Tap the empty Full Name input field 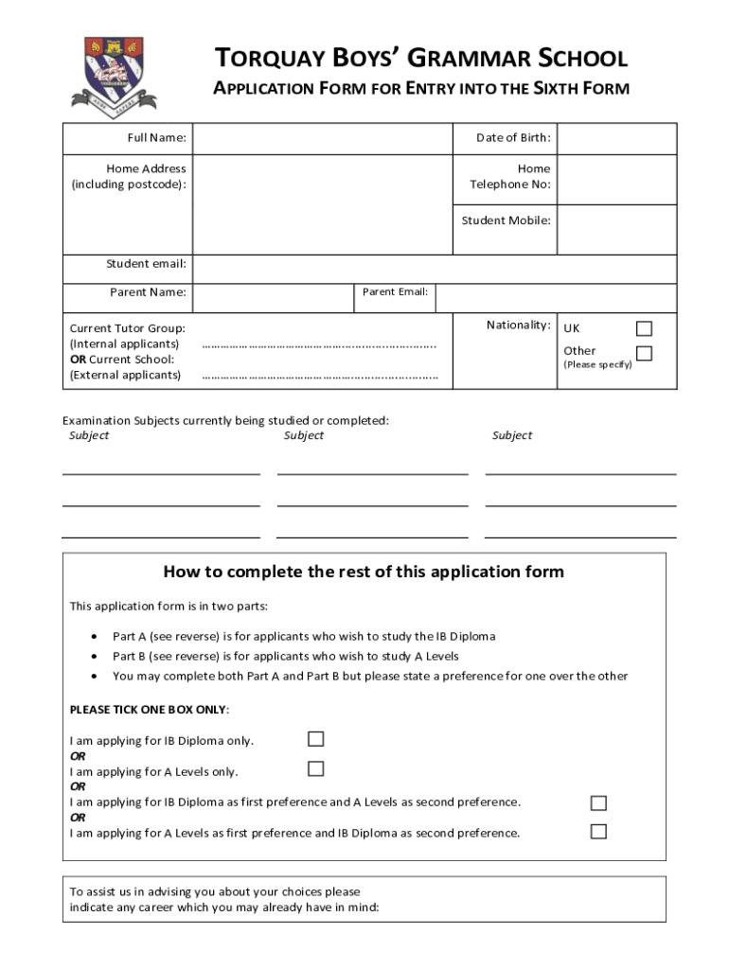[322, 138]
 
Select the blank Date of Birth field [616, 138]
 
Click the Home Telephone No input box [616, 178]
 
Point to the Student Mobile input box [616, 229]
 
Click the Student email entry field [434, 269]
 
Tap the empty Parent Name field [273, 298]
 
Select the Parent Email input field [555, 298]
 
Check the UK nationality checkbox [644, 328]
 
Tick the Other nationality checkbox [644, 354]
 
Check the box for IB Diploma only [316, 739]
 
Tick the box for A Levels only [316, 769]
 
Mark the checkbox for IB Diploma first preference [598, 803]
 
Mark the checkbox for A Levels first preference [598, 832]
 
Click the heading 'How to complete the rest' [364, 572]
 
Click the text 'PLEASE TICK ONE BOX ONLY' [149, 710]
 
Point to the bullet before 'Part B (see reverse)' [94, 657]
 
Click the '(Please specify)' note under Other [597, 364]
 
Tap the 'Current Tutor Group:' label [128, 328]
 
